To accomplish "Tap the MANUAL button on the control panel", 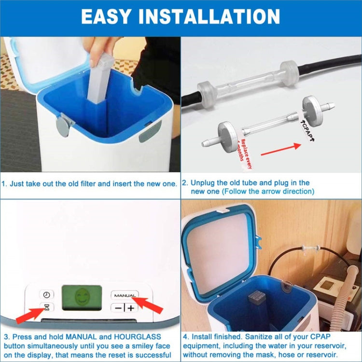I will tap(125, 294).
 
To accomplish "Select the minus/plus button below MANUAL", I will tap(125, 307).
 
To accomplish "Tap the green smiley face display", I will tap(82, 299).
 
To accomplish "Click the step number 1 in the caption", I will tap(4, 183).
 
